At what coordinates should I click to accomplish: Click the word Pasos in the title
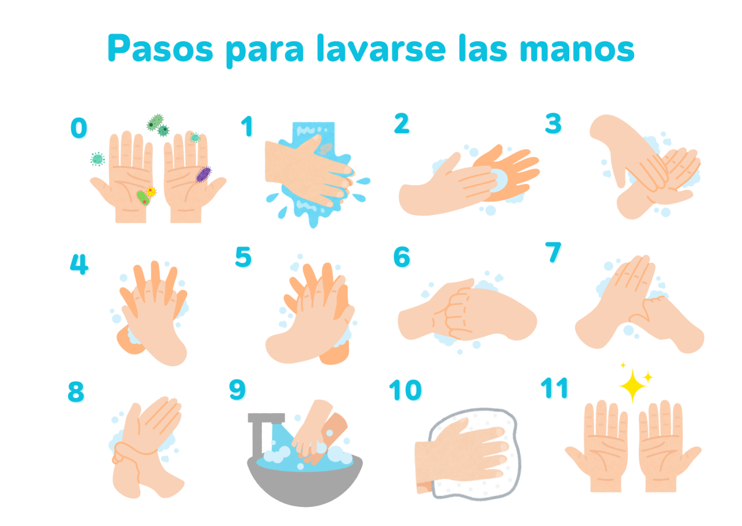coord(161,48)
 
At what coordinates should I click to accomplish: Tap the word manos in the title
coord(577,50)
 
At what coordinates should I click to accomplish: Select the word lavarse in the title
coord(381,48)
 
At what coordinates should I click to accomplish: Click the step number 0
coord(79,127)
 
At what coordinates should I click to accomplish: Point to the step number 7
coord(553,252)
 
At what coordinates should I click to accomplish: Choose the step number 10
coord(405,390)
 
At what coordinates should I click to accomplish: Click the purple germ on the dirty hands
coord(203,174)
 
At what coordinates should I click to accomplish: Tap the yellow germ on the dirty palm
coord(151,191)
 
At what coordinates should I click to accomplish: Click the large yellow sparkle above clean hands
coord(632,386)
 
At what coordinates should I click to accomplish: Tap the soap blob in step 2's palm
coord(499,180)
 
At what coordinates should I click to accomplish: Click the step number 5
coord(243,257)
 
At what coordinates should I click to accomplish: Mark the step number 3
coord(553,123)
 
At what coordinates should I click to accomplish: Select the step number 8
coord(76,392)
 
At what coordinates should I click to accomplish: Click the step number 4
coord(79,264)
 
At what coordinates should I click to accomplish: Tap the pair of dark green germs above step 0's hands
coord(158,125)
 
